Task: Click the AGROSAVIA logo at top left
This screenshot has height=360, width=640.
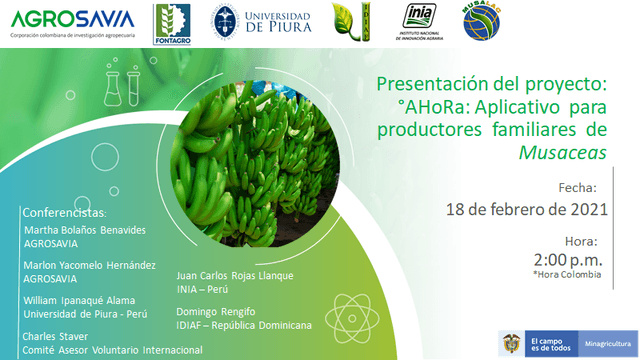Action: (72, 21)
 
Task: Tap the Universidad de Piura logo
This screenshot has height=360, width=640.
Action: (261, 22)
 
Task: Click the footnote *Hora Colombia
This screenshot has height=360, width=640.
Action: (567, 274)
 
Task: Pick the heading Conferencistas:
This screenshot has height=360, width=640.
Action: (70, 213)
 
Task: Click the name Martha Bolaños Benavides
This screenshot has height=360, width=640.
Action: (84, 230)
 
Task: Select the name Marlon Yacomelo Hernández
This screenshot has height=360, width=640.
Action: (90, 265)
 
